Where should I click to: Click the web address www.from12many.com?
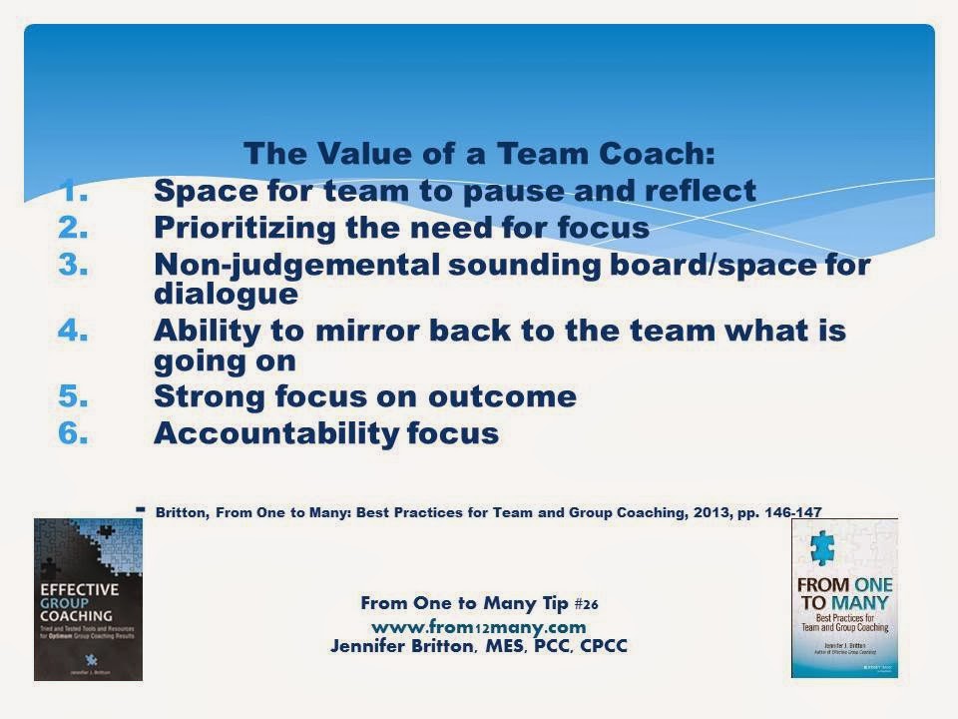pos(477,626)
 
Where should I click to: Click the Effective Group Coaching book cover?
pos(88,599)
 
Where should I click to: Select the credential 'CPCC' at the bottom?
pos(599,645)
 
